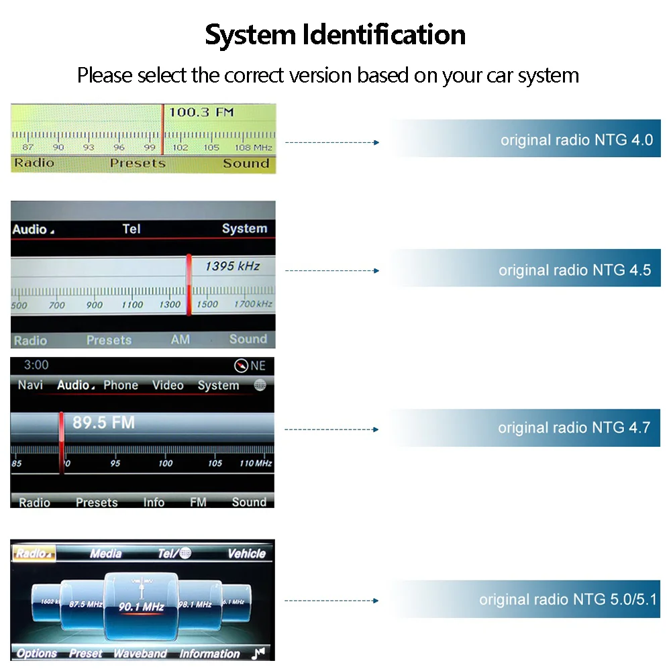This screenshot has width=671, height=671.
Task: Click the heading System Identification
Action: tap(335, 35)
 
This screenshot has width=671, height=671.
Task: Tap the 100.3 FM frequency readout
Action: tap(201, 112)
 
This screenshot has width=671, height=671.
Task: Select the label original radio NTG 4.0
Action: tap(576, 140)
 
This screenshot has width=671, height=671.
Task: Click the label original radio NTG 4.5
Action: tap(574, 270)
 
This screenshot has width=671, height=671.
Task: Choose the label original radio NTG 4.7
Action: tap(574, 427)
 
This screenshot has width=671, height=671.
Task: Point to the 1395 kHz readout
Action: tap(232, 266)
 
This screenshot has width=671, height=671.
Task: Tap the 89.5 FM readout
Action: tap(103, 423)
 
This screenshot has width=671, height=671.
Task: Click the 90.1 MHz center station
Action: tap(142, 607)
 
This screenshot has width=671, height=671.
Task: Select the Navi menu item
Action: tap(30, 385)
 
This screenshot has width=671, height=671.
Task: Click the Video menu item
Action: tap(168, 385)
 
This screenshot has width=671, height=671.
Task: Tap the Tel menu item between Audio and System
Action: tap(132, 229)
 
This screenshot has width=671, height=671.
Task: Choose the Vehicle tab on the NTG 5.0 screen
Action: tap(246, 554)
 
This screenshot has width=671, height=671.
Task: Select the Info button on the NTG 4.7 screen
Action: tap(154, 502)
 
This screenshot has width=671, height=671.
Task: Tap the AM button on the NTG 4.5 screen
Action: tap(180, 340)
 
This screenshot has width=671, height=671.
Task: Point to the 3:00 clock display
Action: tap(36, 365)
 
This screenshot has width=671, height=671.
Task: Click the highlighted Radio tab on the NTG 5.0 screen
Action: tap(34, 554)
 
